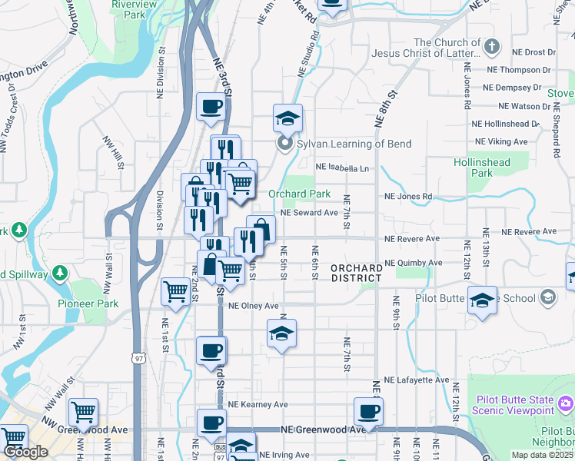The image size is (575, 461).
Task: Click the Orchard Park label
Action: pos(299,194)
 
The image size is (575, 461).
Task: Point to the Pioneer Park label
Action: pos(88,303)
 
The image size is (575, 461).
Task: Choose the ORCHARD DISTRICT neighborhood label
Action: pos(357,273)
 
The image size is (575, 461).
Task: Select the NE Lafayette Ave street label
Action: pos(416,380)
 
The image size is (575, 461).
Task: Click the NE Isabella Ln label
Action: pos(343,167)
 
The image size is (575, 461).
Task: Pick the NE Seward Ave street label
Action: pos(310,213)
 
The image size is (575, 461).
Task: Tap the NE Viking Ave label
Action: pos(501,141)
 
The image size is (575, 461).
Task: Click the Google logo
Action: pos(25,453)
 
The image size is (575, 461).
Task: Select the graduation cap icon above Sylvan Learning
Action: pos(287,118)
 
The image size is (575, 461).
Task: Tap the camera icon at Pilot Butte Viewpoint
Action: pos(567,403)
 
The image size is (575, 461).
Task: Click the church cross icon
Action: pos(492,47)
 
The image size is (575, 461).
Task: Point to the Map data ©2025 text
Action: pos(543,455)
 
